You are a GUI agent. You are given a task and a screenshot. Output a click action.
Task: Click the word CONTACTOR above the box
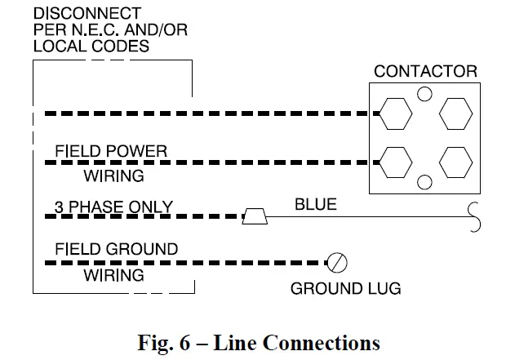click(x=425, y=71)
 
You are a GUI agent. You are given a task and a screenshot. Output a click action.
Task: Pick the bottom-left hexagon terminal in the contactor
click(x=395, y=162)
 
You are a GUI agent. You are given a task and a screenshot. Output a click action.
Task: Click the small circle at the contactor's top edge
click(x=424, y=94)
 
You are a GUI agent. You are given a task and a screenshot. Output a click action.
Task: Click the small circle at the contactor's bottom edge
click(x=424, y=181)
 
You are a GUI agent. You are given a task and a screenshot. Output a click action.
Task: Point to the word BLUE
click(x=315, y=204)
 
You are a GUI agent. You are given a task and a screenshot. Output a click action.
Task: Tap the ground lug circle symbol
click(x=336, y=262)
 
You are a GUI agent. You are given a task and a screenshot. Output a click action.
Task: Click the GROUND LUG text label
click(x=346, y=289)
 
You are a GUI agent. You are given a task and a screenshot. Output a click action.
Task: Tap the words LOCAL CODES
click(x=91, y=46)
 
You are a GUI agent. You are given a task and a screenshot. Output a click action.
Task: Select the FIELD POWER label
click(x=111, y=152)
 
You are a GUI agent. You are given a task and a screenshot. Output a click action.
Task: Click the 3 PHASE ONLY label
click(x=113, y=207)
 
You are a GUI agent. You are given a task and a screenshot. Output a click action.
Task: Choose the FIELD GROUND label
click(x=116, y=248)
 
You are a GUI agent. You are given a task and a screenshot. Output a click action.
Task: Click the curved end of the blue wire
click(x=473, y=216)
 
